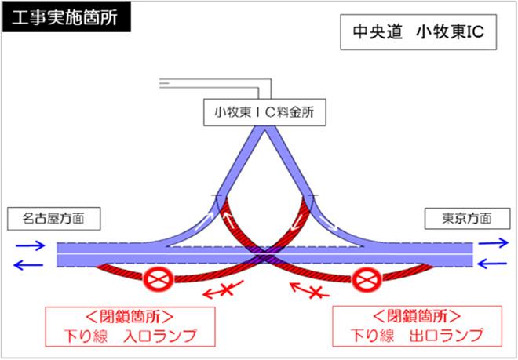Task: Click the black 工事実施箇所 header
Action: coord(67,17)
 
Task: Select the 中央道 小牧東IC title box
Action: coord(418,32)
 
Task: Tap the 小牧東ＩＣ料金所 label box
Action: coord(264,112)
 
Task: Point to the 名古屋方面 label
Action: coord(54,219)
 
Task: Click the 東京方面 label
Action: coord(467,219)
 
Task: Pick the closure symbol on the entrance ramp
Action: coord(159,280)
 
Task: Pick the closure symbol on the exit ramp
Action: coord(367,280)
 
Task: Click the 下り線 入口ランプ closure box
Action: coord(130,326)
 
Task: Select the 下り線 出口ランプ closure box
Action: coord(418,326)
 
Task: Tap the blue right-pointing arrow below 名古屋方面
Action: coord(31,245)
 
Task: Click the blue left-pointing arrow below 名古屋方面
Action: coord(28,264)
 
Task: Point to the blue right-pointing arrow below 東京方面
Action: coord(494,243)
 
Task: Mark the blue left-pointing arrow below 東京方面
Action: coord(492,264)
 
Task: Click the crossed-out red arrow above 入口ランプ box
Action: coord(223,289)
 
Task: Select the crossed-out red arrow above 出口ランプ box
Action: coord(309,290)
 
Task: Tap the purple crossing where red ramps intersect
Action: coord(264,255)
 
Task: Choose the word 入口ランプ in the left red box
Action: coord(159,336)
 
